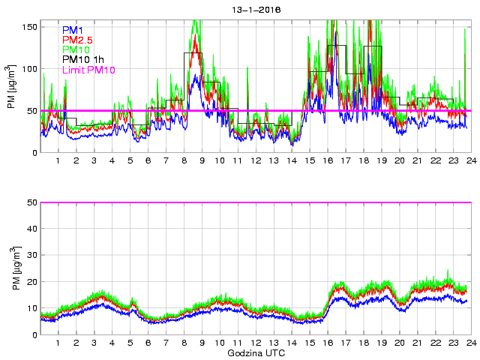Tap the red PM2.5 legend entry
[78, 40]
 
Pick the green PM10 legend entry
[76, 49]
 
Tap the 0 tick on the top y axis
[34, 153]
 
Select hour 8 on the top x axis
[184, 160]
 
